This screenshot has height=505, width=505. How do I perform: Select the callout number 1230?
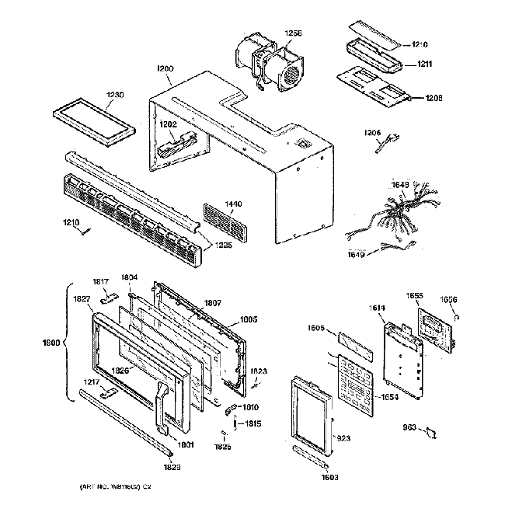tap(114, 95)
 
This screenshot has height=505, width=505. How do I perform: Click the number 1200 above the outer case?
tap(165, 69)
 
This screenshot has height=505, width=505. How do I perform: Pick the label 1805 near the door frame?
tap(248, 319)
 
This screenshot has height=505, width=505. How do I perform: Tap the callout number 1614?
tap(376, 309)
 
